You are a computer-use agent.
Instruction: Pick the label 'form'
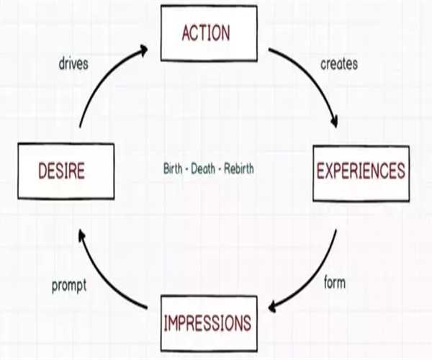(x=335, y=283)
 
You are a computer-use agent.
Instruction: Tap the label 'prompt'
(x=69, y=285)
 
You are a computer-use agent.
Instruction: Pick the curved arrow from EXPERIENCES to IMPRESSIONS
(x=317, y=277)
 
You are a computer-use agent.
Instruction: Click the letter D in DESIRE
(x=41, y=171)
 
